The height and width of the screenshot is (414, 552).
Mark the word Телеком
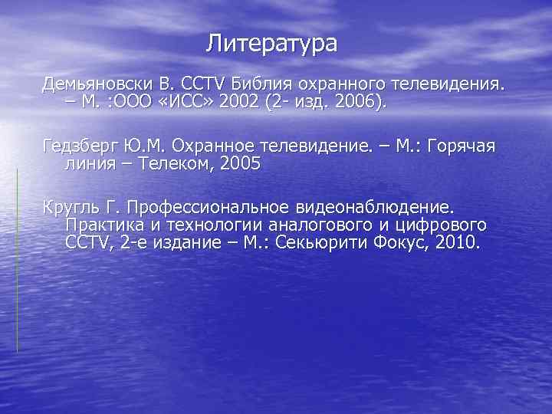[x=166, y=163]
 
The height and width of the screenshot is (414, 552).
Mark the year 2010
[x=457, y=243]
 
